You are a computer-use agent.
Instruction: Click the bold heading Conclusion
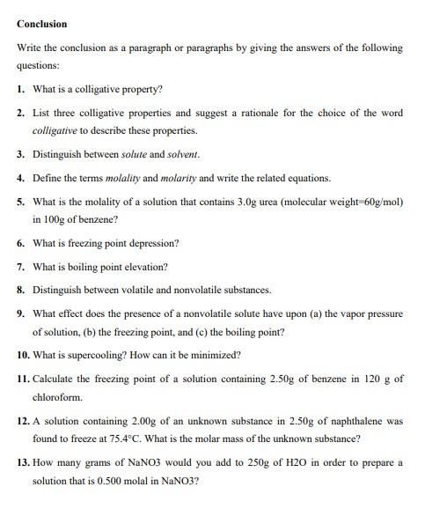42,24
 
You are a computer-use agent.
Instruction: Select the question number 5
21,202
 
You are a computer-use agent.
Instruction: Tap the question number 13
24,461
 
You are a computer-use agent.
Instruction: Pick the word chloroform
57,397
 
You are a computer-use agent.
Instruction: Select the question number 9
21,314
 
